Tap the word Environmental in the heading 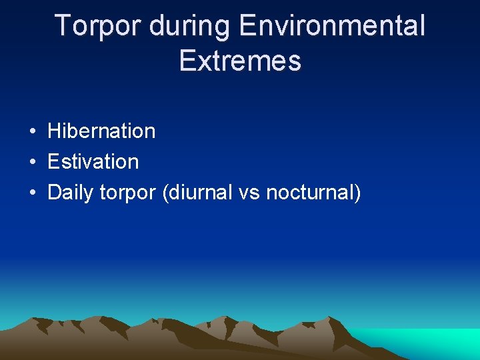coord(331,27)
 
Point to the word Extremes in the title coord(240,61)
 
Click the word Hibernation coord(101,131)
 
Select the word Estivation coord(93,161)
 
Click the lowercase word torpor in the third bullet coord(127,193)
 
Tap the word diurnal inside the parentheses coord(202,193)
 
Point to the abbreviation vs coord(251,193)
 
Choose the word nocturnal coord(309,193)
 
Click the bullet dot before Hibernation coord(32,132)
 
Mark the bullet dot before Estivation coord(32,162)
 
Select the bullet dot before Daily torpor coord(32,193)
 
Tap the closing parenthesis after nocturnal coord(357,193)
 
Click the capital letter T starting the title coord(62,27)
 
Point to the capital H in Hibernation coord(54,131)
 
